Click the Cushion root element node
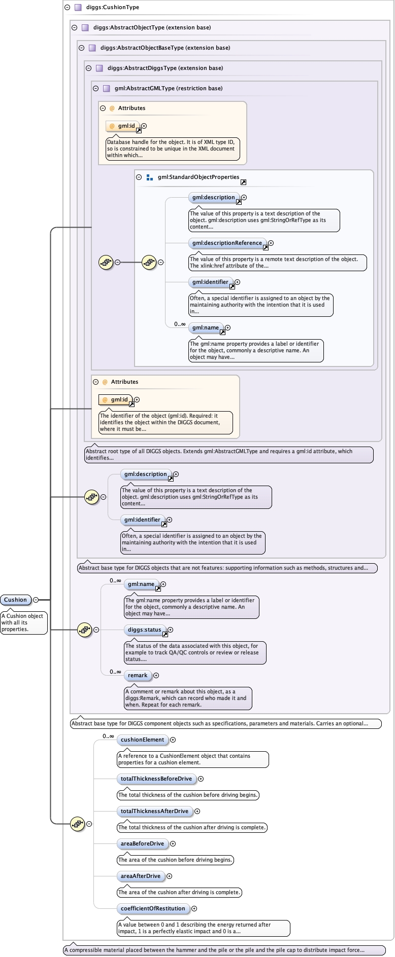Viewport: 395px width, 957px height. pos(16,600)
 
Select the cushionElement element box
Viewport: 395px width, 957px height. pos(142,740)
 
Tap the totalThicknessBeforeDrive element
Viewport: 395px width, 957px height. pos(156,779)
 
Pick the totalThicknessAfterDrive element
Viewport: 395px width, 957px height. pos(154,812)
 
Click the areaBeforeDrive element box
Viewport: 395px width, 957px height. pos(142,844)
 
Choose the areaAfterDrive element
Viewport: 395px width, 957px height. pos(141,876)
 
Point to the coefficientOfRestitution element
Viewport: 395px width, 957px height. pos(153,909)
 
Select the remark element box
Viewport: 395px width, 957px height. pos(138,676)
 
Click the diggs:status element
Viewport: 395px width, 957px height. pos(145,630)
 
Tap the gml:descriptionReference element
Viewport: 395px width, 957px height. pos(227,243)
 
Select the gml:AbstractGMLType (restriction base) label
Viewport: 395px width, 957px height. pos(169,88)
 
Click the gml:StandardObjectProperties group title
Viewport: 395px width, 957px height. pos(199,177)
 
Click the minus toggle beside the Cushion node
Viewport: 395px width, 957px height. pos(36,600)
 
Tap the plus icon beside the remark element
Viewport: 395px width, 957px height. pos(156,676)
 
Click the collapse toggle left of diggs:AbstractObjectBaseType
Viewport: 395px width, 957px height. pos(81,48)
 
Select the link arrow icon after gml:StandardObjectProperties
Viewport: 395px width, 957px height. pos(244,182)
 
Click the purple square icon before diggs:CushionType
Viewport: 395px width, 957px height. pos(78,8)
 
